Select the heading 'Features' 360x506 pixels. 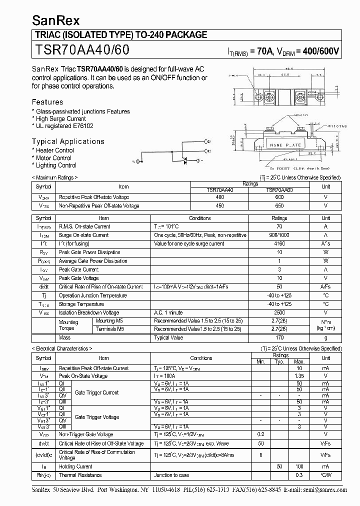[47, 102]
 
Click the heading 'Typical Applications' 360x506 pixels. [68, 141]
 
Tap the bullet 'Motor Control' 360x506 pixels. [53, 158]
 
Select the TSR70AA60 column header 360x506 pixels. [279, 190]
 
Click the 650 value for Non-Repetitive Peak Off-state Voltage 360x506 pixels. [279, 206]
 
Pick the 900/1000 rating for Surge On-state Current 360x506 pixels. [279, 235]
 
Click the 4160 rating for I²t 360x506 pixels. [279, 243]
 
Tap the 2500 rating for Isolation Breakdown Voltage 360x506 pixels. [279, 312]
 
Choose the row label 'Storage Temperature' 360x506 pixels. [81, 304]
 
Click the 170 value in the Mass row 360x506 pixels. [279, 338]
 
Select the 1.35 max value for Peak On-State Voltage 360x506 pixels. [299, 376]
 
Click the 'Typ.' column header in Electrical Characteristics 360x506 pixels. [280, 361]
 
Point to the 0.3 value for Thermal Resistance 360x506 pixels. [299, 475]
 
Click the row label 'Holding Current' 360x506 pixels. [75, 466]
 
